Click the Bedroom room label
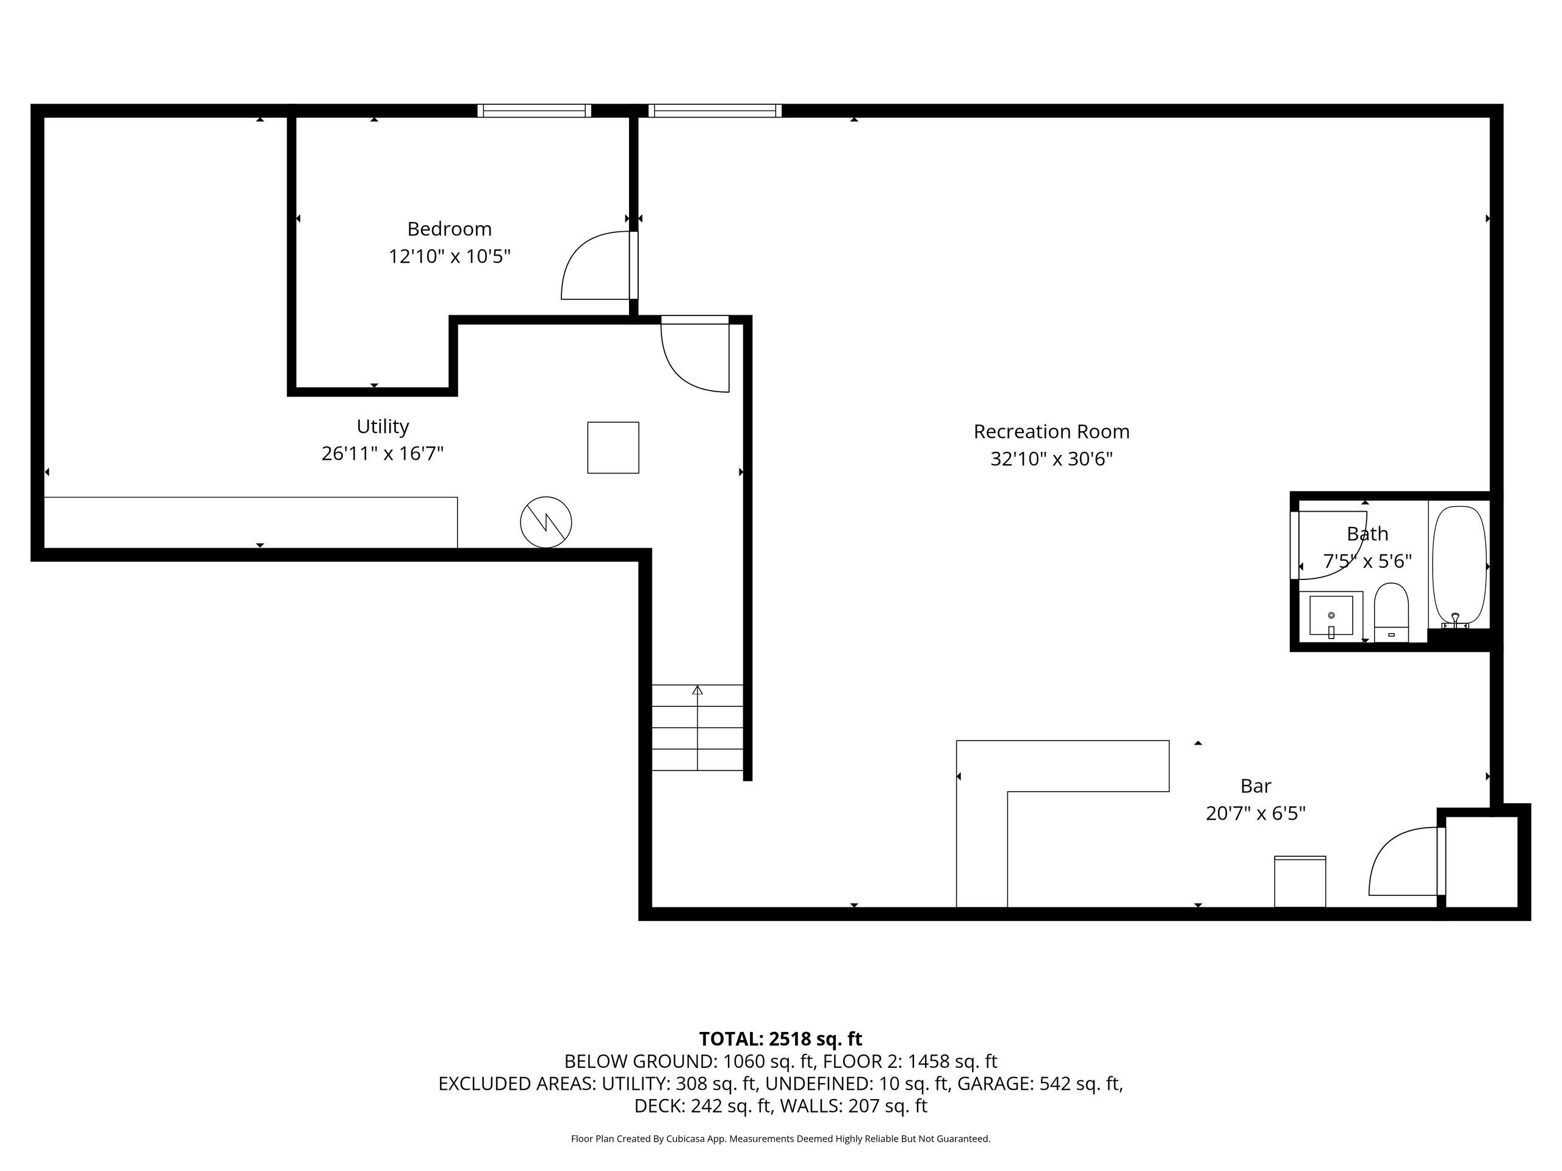point(449,229)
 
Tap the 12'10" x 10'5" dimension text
point(449,256)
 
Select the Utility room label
point(383,427)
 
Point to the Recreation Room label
point(1051,431)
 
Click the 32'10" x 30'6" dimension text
point(1051,459)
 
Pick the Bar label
point(1256,786)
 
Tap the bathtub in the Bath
point(1459,567)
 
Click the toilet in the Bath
point(1391,612)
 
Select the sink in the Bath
point(1331,615)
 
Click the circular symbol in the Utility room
point(546,522)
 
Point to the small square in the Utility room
point(613,448)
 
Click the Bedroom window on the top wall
point(534,110)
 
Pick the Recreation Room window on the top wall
point(714,110)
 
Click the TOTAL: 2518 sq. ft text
point(780,1039)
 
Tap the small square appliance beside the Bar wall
point(1300,881)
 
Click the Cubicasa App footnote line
point(780,1139)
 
